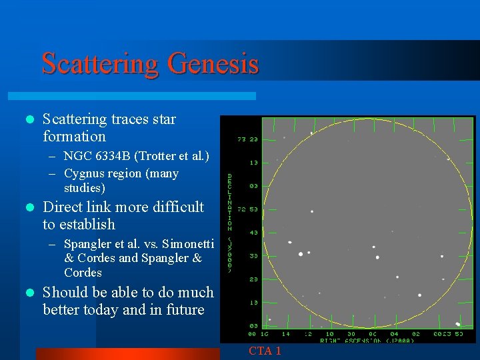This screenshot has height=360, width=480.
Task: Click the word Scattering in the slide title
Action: click(x=100, y=64)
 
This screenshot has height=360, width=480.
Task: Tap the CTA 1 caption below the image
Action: click(x=265, y=351)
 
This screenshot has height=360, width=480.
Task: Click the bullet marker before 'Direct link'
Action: click(x=28, y=207)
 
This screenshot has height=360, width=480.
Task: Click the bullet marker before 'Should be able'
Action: click(x=28, y=293)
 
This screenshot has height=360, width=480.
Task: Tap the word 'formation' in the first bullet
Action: click(x=74, y=137)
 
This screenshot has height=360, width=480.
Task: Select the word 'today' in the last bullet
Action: click(x=101, y=309)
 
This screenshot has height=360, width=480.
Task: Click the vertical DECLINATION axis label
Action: click(x=230, y=223)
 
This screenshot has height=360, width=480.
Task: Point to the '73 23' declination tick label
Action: click(x=248, y=140)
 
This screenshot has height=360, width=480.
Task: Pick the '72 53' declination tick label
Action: click(x=248, y=209)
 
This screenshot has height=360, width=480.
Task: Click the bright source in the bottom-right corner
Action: click(x=457, y=324)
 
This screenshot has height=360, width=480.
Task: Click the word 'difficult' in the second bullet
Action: click(x=176, y=207)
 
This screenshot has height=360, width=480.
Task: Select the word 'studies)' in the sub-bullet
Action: click(x=85, y=188)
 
